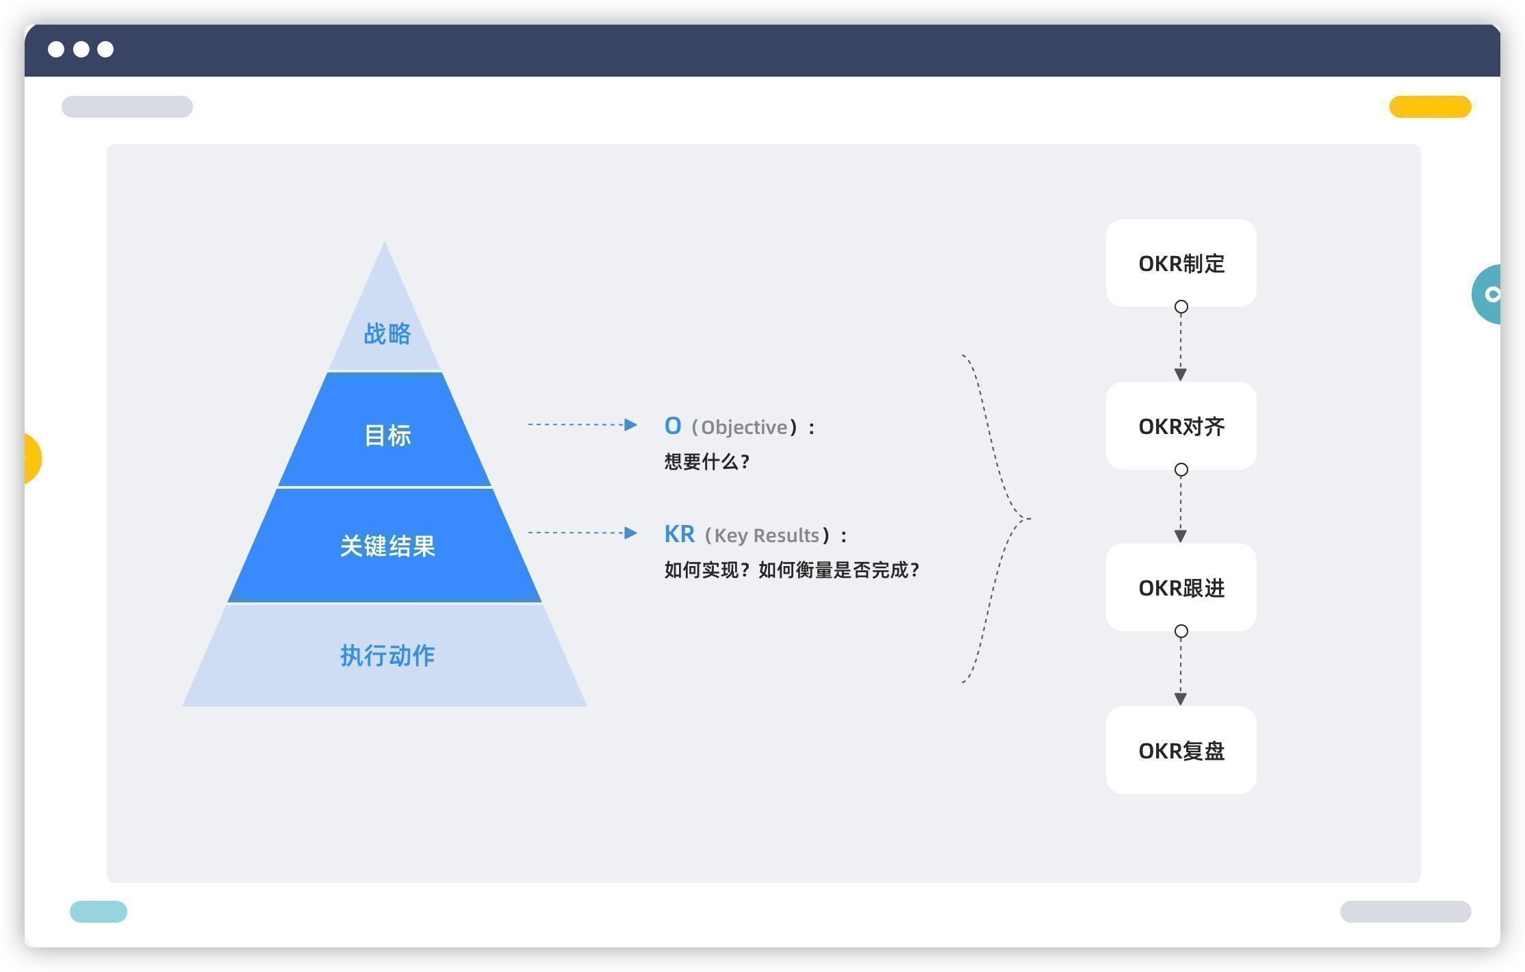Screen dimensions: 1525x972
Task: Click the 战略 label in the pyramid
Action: point(387,334)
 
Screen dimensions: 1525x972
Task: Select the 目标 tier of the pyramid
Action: point(387,435)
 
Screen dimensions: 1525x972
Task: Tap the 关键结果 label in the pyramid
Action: point(387,546)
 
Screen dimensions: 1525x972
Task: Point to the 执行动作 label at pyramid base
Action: point(387,656)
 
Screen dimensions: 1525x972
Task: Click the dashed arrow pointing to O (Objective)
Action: point(582,425)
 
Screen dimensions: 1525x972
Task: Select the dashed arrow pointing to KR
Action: point(582,533)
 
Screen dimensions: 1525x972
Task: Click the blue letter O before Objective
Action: point(673,426)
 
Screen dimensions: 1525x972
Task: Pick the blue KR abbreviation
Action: point(679,534)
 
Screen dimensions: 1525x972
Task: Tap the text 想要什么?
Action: point(707,462)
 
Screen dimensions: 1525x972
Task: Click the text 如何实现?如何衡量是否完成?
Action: point(792,570)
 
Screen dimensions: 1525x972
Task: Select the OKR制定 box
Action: point(1181,264)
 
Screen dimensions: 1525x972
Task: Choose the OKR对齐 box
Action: point(1181,426)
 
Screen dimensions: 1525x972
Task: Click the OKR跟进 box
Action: point(1181,588)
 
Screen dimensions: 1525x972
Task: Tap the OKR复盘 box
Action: point(1181,751)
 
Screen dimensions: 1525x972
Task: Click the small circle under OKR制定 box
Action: point(1181,307)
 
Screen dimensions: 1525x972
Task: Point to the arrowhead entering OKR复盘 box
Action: point(1181,699)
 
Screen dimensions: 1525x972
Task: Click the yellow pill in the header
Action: point(1430,107)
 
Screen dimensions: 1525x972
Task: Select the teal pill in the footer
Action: point(99,912)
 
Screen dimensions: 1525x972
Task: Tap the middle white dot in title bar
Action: point(81,49)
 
